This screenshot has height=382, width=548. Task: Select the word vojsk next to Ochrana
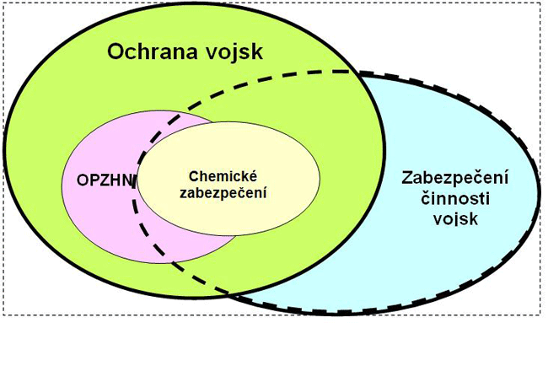(233, 52)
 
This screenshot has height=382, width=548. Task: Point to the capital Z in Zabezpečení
(407, 179)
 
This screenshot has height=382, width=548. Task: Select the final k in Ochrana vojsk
(258, 52)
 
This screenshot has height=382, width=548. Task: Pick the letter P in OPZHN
(89, 183)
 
